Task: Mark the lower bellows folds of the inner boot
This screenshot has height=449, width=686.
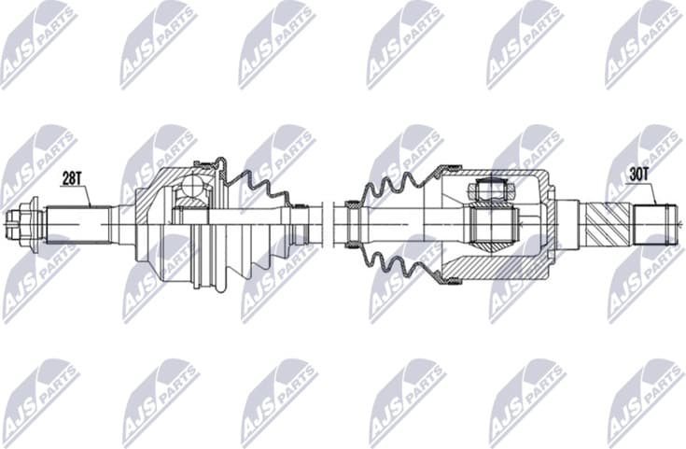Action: point(392,261)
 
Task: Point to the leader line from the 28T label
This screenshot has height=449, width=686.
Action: point(87,193)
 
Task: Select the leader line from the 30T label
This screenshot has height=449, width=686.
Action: point(652,191)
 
